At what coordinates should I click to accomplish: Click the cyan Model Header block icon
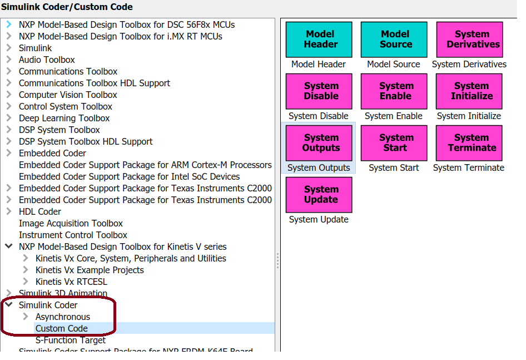coord(319,40)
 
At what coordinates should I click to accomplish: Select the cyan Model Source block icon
coord(394,40)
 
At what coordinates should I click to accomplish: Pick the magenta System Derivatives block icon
coord(469,40)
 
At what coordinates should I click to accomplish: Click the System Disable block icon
coord(319,91)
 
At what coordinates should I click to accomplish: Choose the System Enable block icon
coord(394,91)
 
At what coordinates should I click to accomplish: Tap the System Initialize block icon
coord(469,91)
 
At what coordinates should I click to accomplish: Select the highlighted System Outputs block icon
coord(319,143)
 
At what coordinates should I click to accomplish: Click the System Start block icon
coord(394,143)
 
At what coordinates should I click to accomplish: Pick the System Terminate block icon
coord(469,143)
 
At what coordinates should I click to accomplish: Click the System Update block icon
coord(319,195)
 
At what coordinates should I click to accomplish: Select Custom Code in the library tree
coord(61,328)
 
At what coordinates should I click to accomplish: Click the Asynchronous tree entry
coord(62,317)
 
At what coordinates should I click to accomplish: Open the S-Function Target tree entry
coord(70,340)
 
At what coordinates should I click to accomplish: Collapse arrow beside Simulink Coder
coord(9,305)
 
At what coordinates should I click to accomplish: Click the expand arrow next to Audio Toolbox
coord(9,60)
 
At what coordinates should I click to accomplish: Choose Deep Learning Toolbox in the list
coord(64,118)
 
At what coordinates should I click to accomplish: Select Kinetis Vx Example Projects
coord(90,270)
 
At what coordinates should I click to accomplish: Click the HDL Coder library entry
coord(39,211)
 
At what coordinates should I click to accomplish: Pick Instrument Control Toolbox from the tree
coord(73,235)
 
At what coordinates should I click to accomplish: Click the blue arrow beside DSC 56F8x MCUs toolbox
coord(9,24)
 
